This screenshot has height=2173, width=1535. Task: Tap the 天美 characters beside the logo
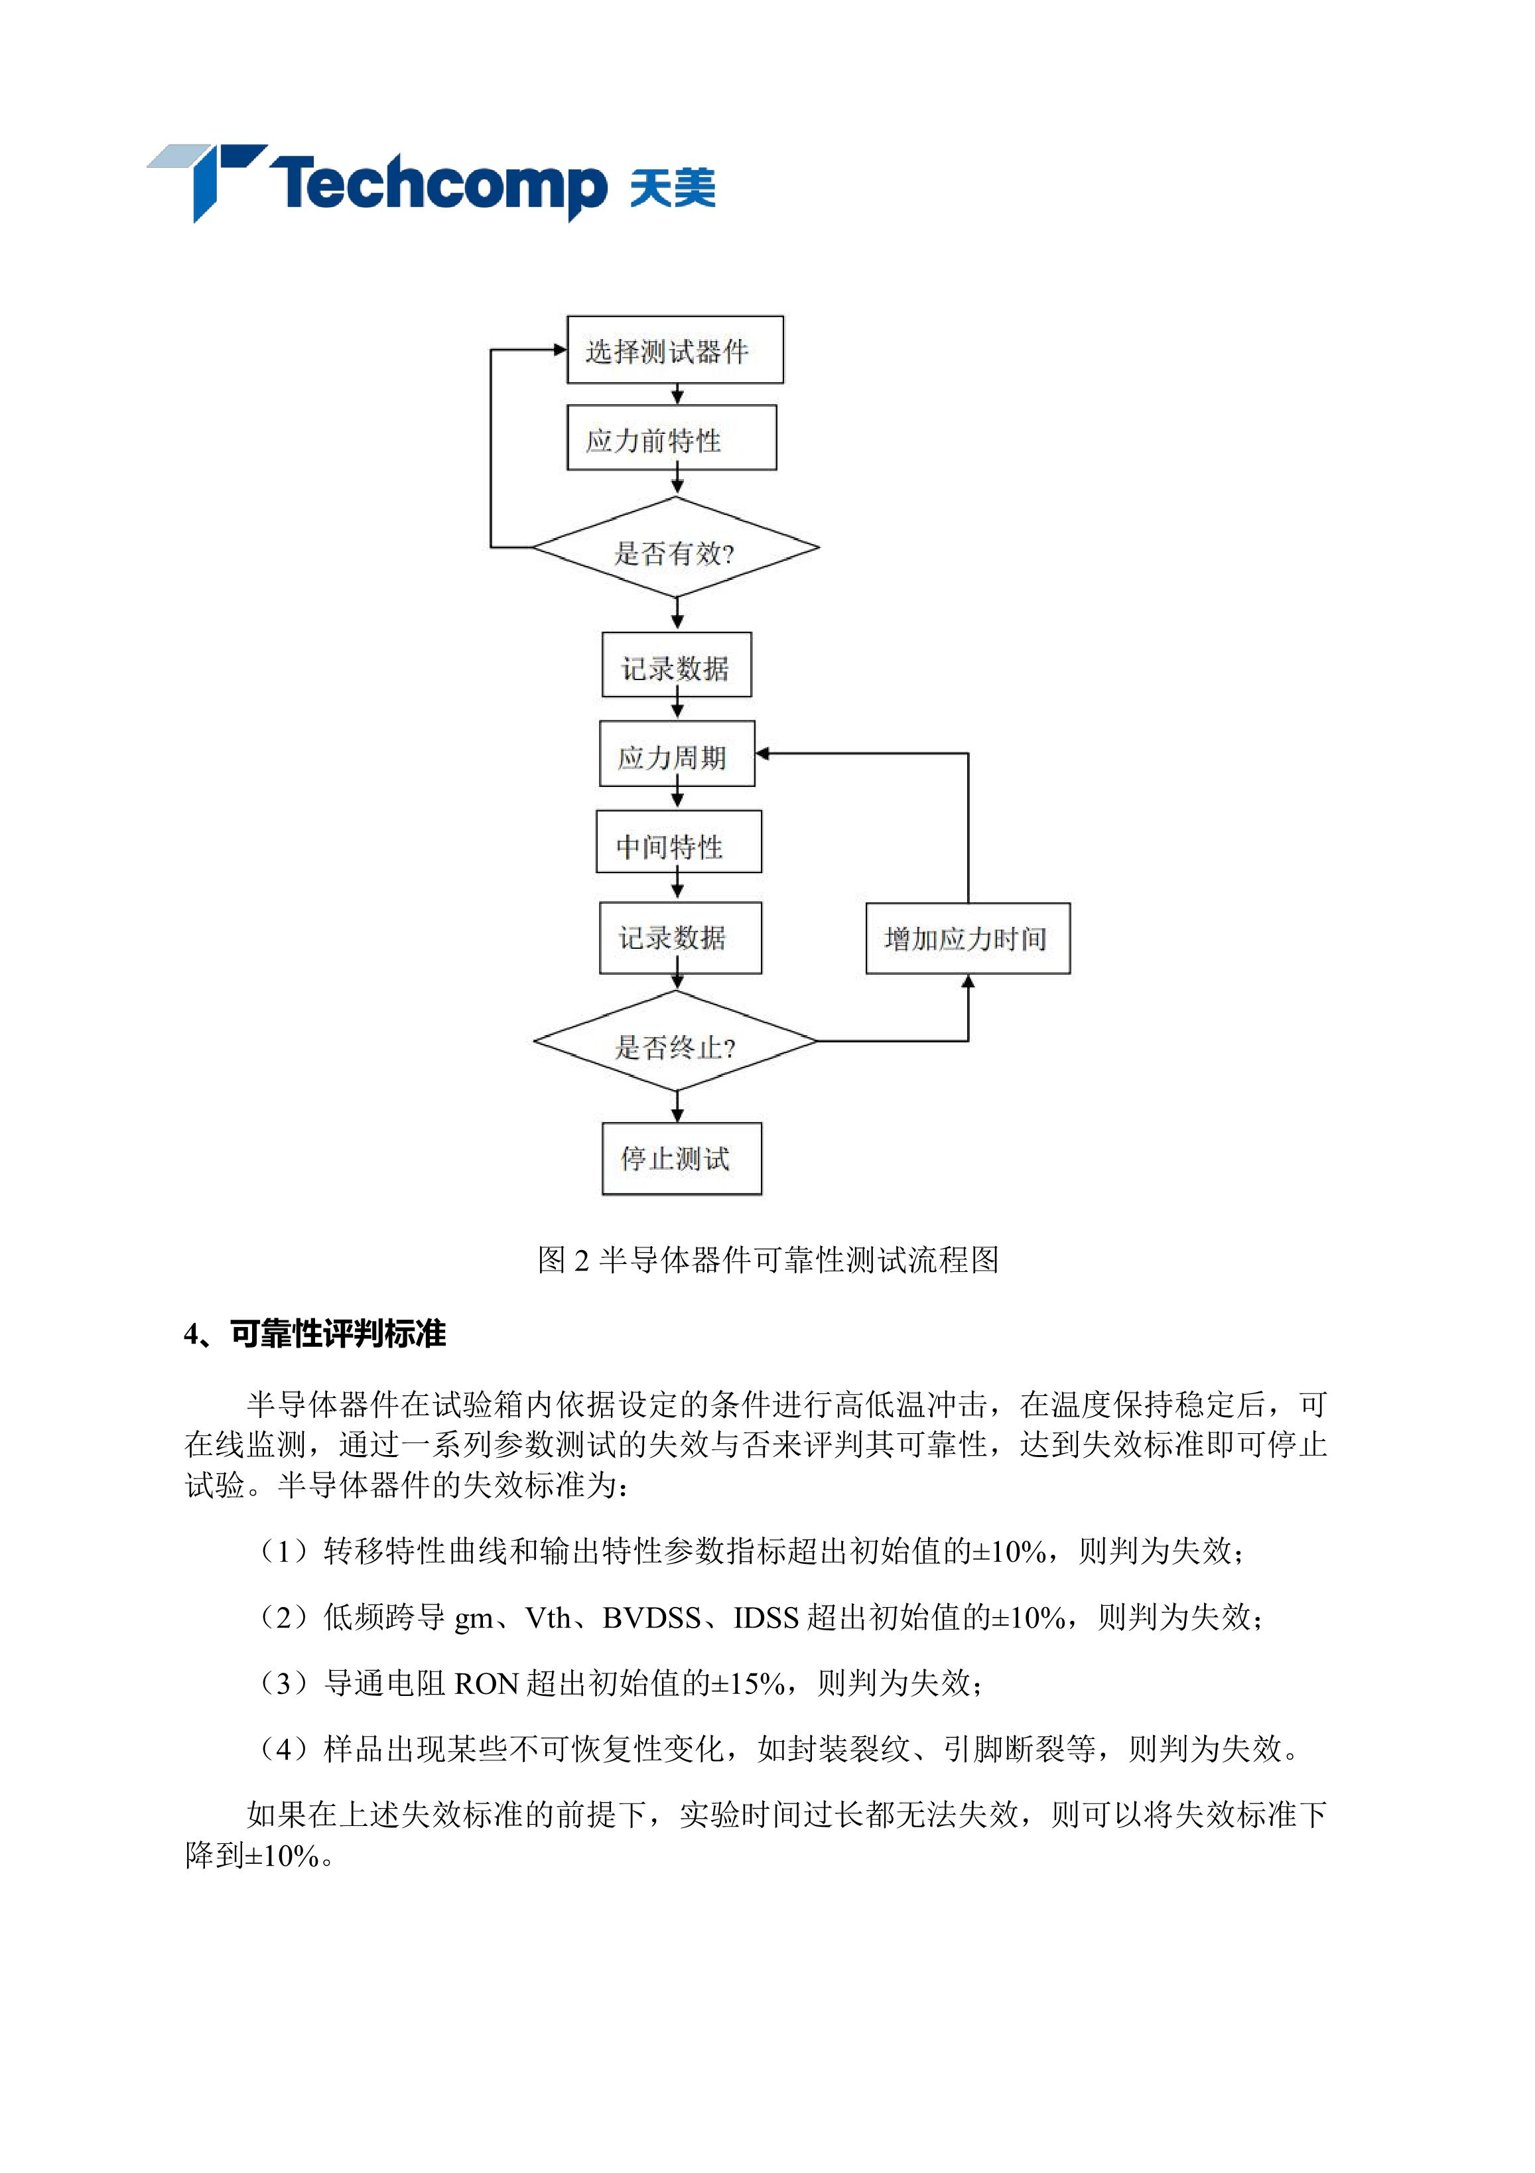673,186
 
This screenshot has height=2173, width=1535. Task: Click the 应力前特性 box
672,437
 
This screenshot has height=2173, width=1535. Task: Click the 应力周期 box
677,753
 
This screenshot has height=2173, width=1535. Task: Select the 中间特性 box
679,841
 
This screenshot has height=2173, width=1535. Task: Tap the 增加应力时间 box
968,938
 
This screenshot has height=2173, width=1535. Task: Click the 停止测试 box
681,1158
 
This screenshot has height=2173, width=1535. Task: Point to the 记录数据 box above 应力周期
677,664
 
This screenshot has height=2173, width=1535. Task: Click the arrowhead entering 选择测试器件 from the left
559,349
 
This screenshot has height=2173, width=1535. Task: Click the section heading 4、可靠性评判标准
315,1334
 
